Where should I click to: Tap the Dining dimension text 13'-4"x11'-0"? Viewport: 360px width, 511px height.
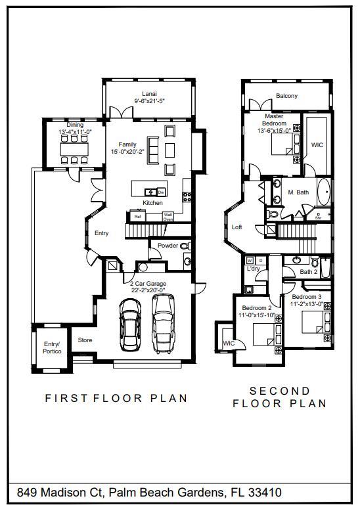coord(75,132)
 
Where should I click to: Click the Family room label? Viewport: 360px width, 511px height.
coord(127,144)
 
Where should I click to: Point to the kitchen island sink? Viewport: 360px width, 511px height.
coord(150,192)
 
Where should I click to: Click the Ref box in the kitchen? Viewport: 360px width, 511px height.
coord(138,216)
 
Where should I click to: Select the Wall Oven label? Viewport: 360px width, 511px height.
coord(168,216)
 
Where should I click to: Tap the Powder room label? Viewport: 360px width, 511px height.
coord(168,245)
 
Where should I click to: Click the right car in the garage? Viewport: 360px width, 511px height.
coord(164,322)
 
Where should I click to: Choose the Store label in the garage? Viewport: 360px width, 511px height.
coord(85,340)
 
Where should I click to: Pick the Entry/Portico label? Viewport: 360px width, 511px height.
coord(52,347)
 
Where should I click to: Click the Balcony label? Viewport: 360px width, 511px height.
coord(286,96)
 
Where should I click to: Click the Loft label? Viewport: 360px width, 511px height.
coord(237,227)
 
